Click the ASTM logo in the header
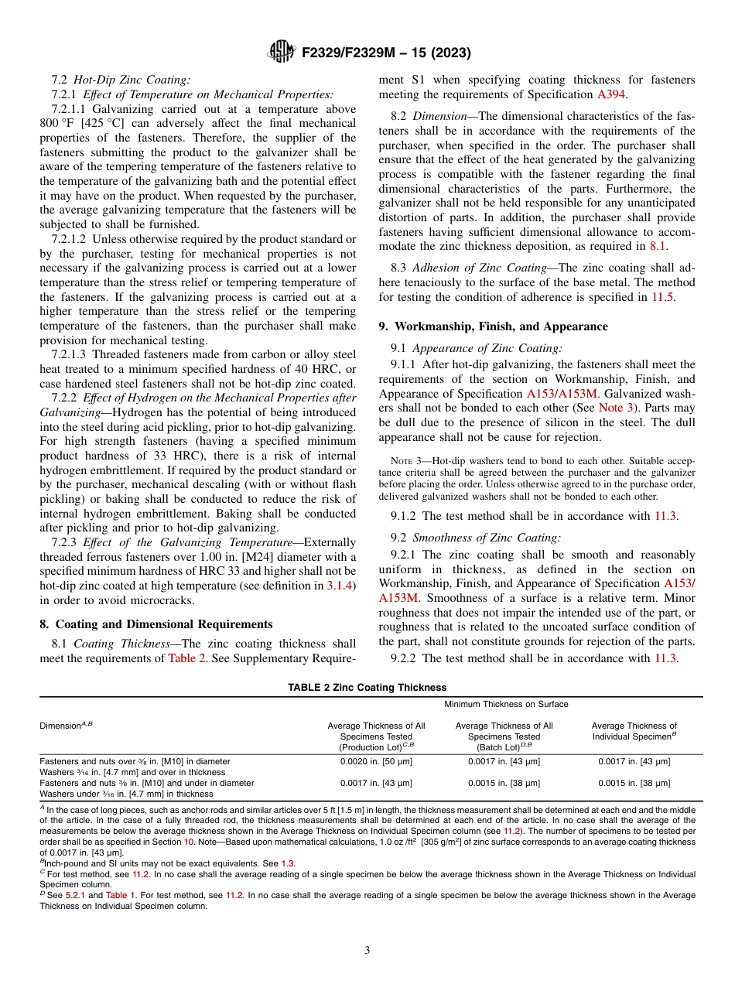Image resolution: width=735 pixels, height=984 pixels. pos(280,52)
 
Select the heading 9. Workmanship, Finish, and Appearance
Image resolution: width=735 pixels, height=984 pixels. pos(493,326)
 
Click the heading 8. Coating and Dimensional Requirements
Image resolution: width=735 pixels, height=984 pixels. pos(156,624)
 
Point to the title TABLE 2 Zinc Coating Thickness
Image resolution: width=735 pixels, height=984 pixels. pos(367,687)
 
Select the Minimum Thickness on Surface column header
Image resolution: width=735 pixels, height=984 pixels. pos(506,704)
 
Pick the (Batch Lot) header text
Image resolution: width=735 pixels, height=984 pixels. pos(504,747)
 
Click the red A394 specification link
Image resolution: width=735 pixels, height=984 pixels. pos(610,94)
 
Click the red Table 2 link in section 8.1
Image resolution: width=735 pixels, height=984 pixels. pos(186,658)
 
